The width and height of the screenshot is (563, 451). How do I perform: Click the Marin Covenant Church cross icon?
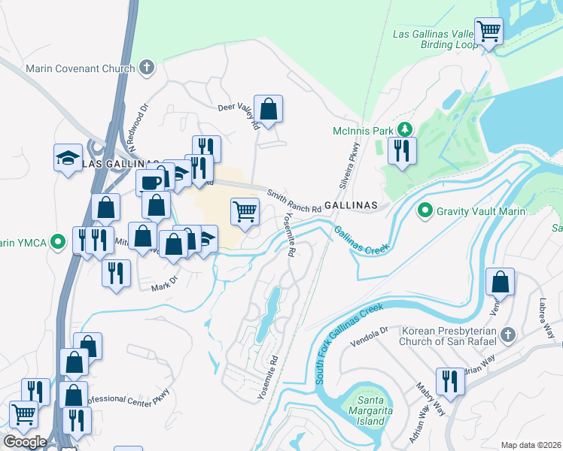[x=146, y=68]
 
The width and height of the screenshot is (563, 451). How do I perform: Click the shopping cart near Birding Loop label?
[x=489, y=32]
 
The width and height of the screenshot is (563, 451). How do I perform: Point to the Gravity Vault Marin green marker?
[x=425, y=210]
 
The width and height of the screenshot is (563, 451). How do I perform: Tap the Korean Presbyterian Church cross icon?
[x=508, y=333]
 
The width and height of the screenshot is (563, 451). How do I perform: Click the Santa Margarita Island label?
[x=370, y=410]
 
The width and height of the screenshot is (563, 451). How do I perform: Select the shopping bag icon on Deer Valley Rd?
[x=268, y=109]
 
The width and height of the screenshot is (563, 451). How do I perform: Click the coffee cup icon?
[x=150, y=183]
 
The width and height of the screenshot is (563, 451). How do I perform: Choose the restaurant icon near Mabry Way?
[x=449, y=381]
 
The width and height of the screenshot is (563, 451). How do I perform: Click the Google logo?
[x=25, y=441]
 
